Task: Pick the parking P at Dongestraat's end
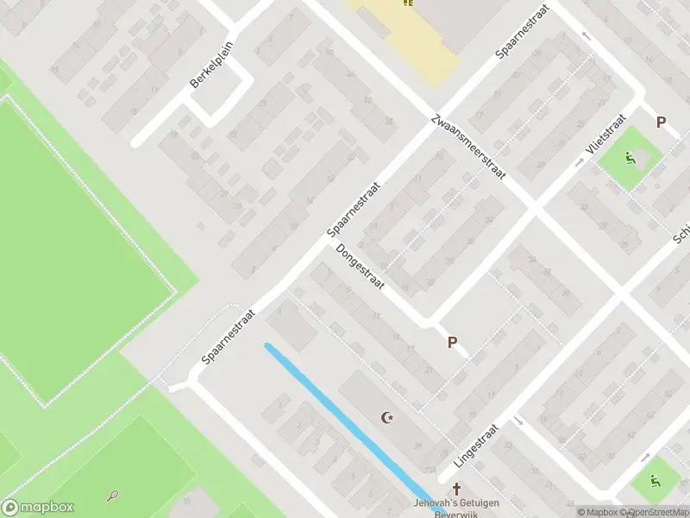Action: [452, 343]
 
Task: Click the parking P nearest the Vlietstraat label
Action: [662, 123]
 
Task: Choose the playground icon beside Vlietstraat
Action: [630, 158]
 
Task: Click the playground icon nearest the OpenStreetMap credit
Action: [654, 480]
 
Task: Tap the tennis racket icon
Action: [113, 496]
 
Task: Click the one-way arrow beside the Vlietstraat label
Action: [580, 161]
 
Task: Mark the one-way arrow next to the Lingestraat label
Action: [519, 421]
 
